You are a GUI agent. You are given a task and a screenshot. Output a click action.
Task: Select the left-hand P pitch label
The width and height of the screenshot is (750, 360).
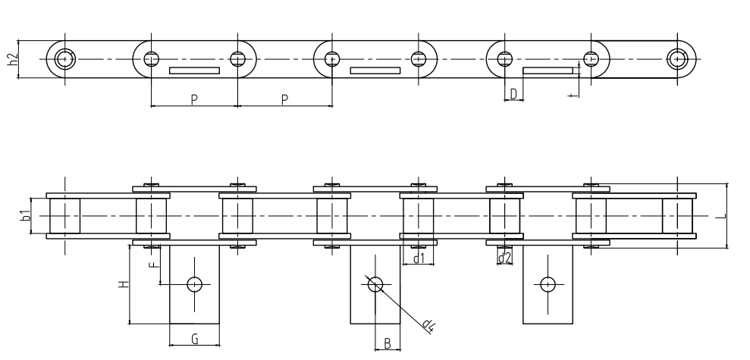[194, 99]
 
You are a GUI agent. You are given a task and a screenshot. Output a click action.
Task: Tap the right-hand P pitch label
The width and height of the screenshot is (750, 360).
[284, 99]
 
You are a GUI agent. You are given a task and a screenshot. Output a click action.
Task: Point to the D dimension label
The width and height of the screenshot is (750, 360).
[513, 93]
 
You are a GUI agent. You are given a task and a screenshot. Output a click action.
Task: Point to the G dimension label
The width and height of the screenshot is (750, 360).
[194, 340]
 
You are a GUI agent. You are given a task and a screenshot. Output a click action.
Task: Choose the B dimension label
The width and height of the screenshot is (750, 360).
[387, 343]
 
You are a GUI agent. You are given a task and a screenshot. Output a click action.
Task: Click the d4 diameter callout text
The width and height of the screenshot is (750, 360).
[429, 326]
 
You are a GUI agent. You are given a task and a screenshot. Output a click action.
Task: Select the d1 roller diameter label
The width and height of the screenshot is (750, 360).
[418, 259]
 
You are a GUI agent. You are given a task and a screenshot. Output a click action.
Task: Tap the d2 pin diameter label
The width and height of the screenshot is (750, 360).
[504, 259]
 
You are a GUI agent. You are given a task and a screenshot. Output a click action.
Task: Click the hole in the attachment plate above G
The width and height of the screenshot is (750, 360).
[195, 284]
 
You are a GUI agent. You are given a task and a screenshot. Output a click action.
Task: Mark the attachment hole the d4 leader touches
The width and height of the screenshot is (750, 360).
[375, 284]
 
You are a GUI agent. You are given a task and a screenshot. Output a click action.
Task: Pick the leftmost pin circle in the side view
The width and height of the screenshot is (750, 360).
[65, 58]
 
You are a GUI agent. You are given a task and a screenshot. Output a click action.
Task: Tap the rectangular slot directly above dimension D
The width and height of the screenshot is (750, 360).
[548, 71]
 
